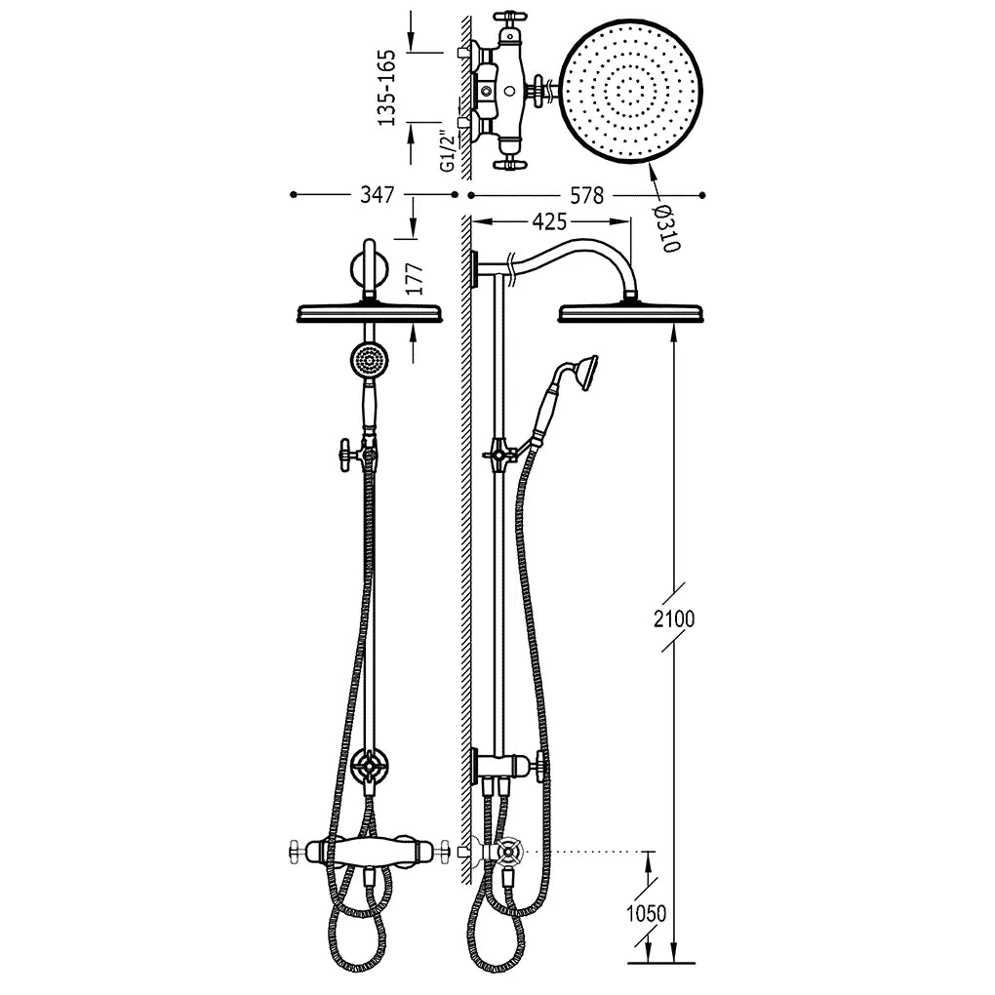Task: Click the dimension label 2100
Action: point(674,618)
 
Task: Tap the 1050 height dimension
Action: point(647,913)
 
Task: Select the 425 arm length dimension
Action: point(549,221)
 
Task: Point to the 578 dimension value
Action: point(586,195)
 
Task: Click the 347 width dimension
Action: point(378,194)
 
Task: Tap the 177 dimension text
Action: point(414,279)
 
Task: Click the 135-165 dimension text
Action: point(386,88)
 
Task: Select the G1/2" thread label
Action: point(448,151)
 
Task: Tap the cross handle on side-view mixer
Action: point(509,851)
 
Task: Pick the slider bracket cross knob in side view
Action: point(497,455)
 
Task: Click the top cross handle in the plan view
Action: point(507,17)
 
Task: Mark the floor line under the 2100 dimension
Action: point(660,963)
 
